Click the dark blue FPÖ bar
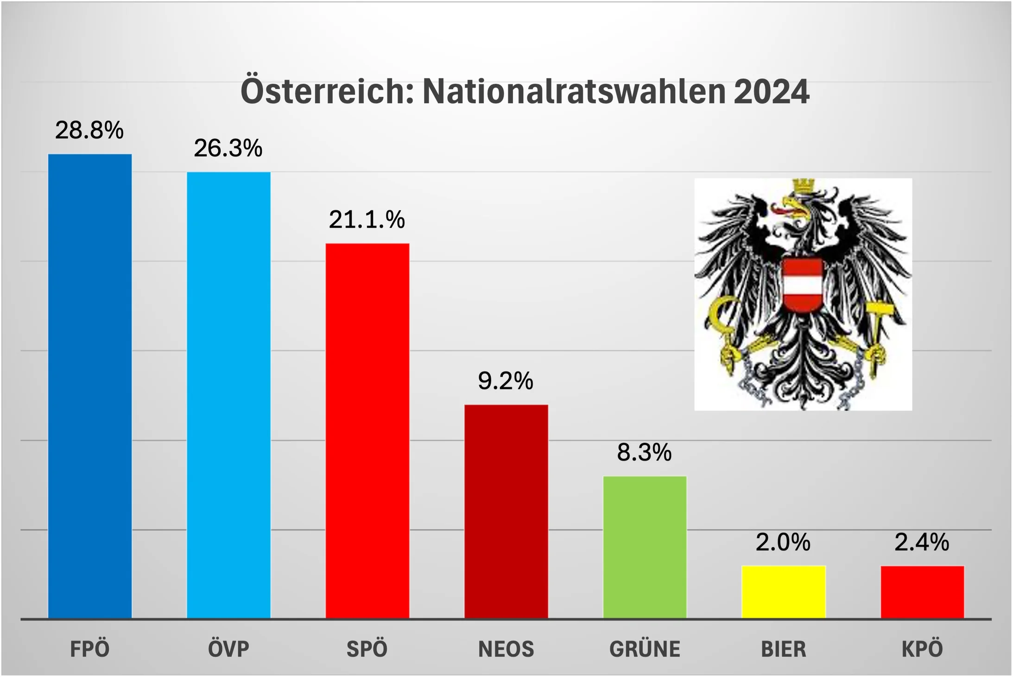click(90, 386)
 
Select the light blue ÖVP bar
click(228, 395)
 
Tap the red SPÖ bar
click(367, 430)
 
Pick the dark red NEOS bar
click(506, 511)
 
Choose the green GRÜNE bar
click(645, 547)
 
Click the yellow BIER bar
click(783, 592)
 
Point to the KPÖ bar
click(922, 592)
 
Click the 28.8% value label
click(89, 130)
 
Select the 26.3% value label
click(228, 148)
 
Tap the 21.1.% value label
click(367, 220)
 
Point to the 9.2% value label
click(506, 381)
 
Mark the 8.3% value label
click(644, 452)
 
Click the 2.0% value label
click(783, 542)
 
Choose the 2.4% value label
click(922, 542)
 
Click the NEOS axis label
click(506, 649)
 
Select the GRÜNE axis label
click(645, 649)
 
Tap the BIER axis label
click(783, 649)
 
